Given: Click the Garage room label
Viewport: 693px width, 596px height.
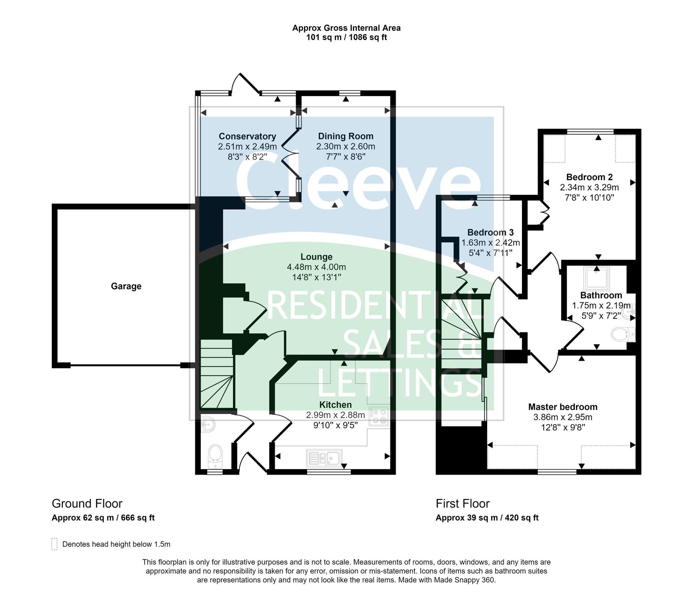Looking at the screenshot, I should [126, 286].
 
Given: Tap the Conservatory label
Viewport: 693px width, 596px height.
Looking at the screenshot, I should [247, 136].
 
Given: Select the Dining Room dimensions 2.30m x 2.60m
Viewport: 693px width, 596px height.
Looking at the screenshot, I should [345, 146].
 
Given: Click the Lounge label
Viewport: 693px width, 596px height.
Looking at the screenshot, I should [317, 257].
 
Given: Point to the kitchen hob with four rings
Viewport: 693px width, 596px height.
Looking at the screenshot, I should [379, 417].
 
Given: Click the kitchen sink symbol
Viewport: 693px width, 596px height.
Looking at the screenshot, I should [324, 458].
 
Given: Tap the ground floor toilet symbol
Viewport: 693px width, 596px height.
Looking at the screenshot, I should [215, 456].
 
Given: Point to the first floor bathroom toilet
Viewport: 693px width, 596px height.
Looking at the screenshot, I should [623, 334].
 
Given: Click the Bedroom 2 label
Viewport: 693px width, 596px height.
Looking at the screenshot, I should [589, 177].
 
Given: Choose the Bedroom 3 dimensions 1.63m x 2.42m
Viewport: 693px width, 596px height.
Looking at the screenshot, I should [491, 242].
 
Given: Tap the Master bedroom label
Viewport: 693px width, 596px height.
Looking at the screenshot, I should [563, 407].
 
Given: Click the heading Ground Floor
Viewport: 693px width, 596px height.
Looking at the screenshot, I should [87, 504].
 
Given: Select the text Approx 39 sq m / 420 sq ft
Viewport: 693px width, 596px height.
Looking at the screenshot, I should [487, 518].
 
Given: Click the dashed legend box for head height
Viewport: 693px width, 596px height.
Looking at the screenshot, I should [55, 544].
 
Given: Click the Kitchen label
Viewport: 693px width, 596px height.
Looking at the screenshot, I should [335, 405].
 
